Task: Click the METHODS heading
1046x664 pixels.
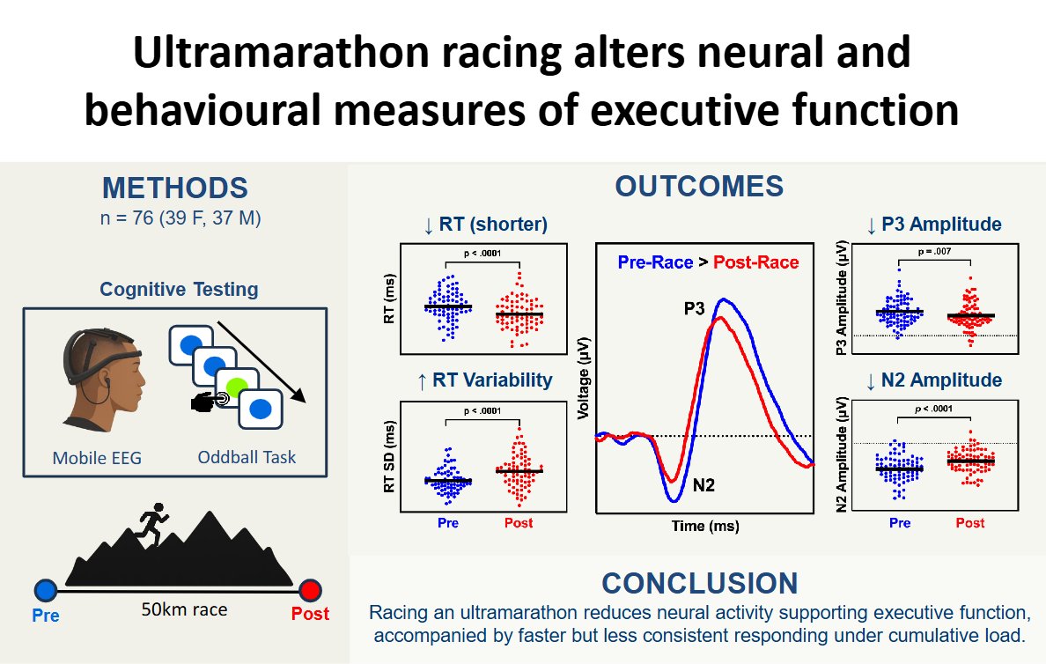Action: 175,188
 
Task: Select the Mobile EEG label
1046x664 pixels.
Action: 97,457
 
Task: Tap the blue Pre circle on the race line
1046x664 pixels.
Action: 46,591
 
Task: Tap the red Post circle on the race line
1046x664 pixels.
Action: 309,591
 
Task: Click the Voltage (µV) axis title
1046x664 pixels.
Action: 582,376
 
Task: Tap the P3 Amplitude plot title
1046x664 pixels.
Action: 934,225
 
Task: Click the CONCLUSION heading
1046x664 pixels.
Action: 699,583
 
